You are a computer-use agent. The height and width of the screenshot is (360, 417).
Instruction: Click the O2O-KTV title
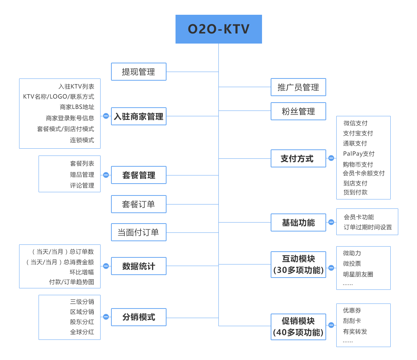pos(218,29)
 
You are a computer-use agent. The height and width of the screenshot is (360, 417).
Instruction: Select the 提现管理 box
pos(139,72)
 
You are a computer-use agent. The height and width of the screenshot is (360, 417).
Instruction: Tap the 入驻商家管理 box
pos(139,116)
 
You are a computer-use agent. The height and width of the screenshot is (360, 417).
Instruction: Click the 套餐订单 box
pos(139,204)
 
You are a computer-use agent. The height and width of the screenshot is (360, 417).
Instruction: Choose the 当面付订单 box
pos(139,232)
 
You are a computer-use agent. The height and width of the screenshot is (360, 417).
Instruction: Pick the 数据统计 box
pos(139,266)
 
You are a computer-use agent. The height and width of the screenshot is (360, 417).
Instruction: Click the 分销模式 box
pos(139,317)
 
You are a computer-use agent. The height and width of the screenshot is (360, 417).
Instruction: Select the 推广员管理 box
pos(298,87)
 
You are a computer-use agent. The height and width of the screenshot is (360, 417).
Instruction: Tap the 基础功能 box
pos(298,222)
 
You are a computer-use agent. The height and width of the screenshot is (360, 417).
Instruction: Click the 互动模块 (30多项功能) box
pos(298,264)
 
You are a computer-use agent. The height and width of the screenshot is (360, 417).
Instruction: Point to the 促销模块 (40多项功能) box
pos(298,327)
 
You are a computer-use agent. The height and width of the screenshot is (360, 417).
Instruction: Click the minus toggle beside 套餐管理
pos(106,175)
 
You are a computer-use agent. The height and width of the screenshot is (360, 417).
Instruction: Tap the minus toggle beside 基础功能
pos(331,222)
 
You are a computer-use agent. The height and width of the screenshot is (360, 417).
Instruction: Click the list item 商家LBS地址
pos(77,107)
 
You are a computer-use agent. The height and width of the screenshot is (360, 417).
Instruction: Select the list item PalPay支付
pos(359,154)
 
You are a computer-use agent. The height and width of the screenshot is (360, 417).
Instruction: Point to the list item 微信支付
pos(355,123)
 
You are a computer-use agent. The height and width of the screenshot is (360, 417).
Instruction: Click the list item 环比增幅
pos(82,272)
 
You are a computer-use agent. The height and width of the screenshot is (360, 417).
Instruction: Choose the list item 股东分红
pos(82,321)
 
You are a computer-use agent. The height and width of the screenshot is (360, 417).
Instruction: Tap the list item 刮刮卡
pos(352,321)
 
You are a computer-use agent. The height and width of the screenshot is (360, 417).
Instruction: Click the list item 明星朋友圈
pos(358,274)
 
